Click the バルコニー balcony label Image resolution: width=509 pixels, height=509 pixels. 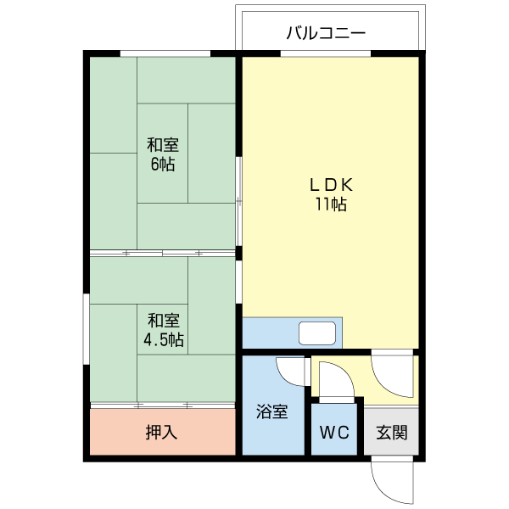click(326, 34)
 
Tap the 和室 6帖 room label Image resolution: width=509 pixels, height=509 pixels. click(162, 154)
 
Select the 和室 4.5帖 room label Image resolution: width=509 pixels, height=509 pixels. click(164, 330)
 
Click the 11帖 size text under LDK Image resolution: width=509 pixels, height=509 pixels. click(330, 204)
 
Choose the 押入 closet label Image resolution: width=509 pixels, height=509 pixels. click(161, 432)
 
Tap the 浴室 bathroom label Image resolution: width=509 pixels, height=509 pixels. click(272, 413)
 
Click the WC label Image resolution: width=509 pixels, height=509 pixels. click(334, 432)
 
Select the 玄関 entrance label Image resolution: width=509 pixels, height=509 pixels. click(391, 432)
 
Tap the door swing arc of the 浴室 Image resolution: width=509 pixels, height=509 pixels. click(293, 371)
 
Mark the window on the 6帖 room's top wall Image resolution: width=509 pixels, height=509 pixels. click(165, 53)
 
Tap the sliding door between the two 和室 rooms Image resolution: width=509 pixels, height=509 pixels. click(161, 253)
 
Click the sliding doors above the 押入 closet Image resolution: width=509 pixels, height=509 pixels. click(161, 405)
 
